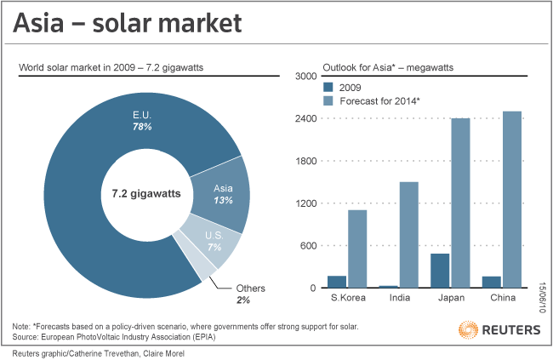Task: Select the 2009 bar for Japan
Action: point(440,271)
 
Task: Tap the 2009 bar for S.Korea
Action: point(337,282)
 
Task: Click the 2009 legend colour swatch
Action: point(328,87)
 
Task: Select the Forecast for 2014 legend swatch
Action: point(328,101)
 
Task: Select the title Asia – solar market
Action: point(127,23)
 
